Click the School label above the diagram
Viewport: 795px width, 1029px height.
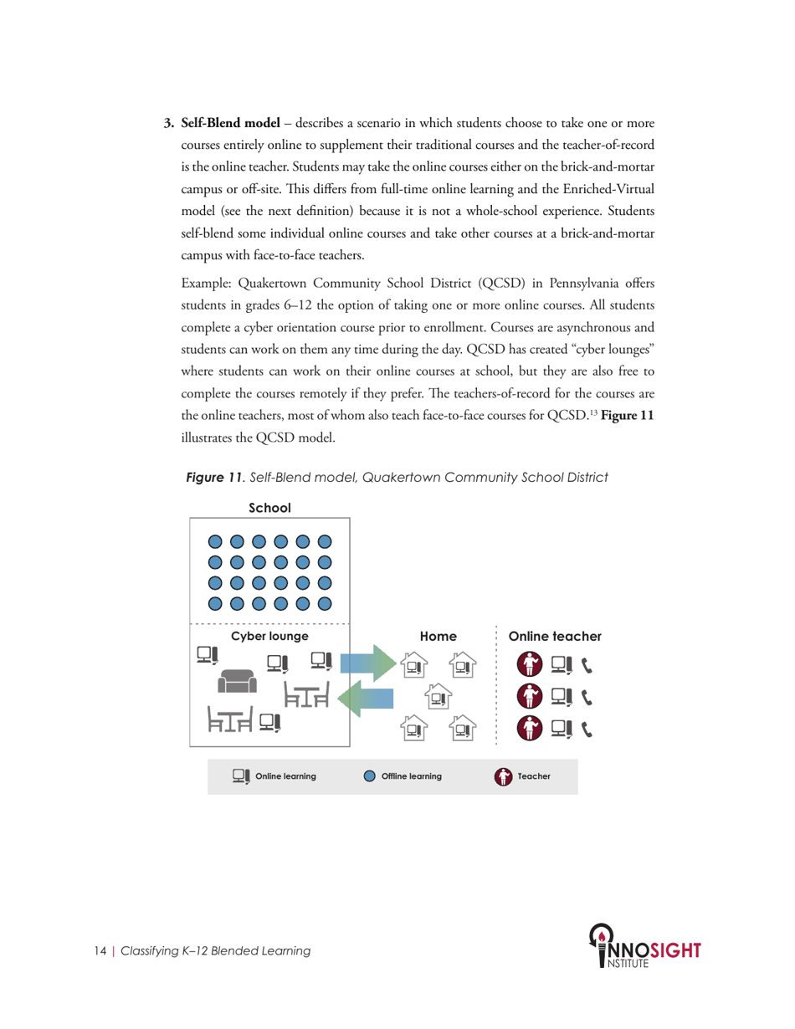click(x=269, y=508)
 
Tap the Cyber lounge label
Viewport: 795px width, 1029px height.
click(x=269, y=637)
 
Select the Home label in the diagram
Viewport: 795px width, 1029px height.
click(x=438, y=637)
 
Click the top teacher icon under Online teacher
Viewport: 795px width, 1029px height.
click(x=529, y=665)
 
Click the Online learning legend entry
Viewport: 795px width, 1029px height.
click(x=274, y=776)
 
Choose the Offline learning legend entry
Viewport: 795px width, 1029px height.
click(x=403, y=776)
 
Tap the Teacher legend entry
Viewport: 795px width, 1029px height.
click(x=522, y=776)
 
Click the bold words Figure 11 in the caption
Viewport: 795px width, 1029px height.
click(x=212, y=477)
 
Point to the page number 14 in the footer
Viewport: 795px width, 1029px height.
click(x=100, y=951)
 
